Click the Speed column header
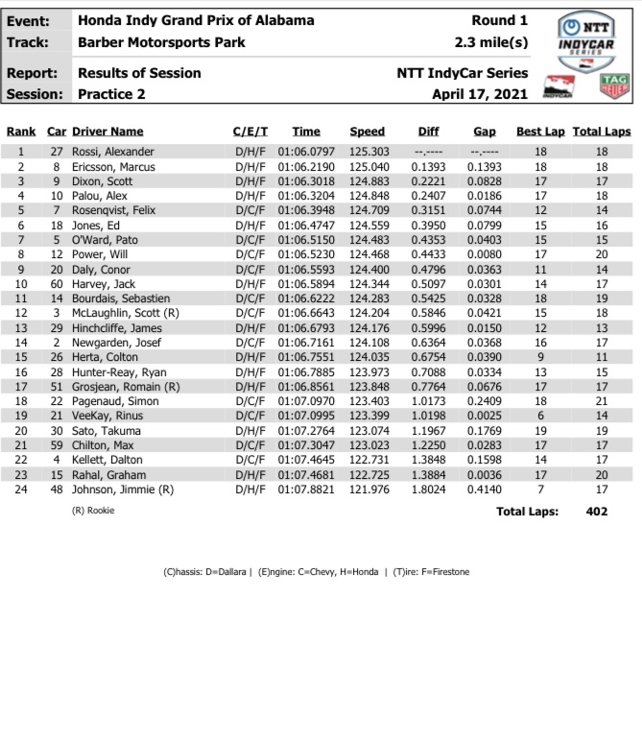pyautogui.click(x=367, y=131)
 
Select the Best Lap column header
pyautogui.click(x=540, y=131)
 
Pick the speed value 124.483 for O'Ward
pyautogui.click(x=369, y=240)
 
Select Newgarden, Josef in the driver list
pyautogui.click(x=116, y=343)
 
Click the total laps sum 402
pyautogui.click(x=596, y=513)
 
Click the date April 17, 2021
pyautogui.click(x=479, y=94)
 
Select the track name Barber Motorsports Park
pyautogui.click(x=161, y=42)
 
